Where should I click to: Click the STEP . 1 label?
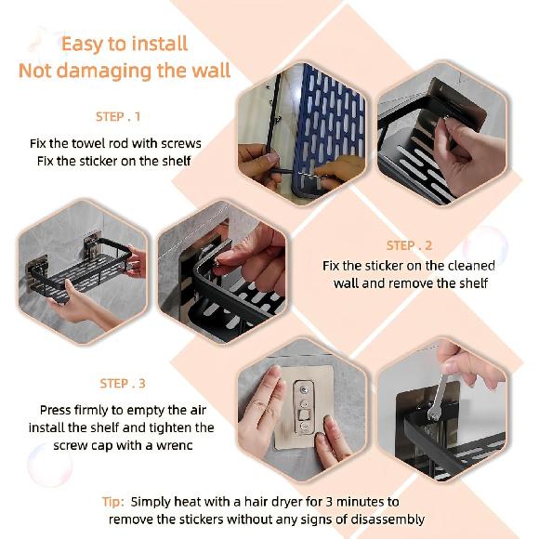[x=118, y=117]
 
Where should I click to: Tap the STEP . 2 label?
[x=409, y=245]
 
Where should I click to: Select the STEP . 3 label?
[x=123, y=384]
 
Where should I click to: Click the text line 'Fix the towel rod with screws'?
[x=114, y=144]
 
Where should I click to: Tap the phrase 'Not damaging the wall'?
[x=124, y=72]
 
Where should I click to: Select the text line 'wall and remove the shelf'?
[x=409, y=283]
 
